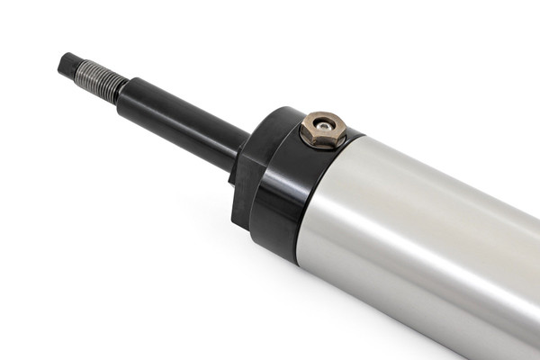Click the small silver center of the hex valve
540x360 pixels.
tap(323, 124)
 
